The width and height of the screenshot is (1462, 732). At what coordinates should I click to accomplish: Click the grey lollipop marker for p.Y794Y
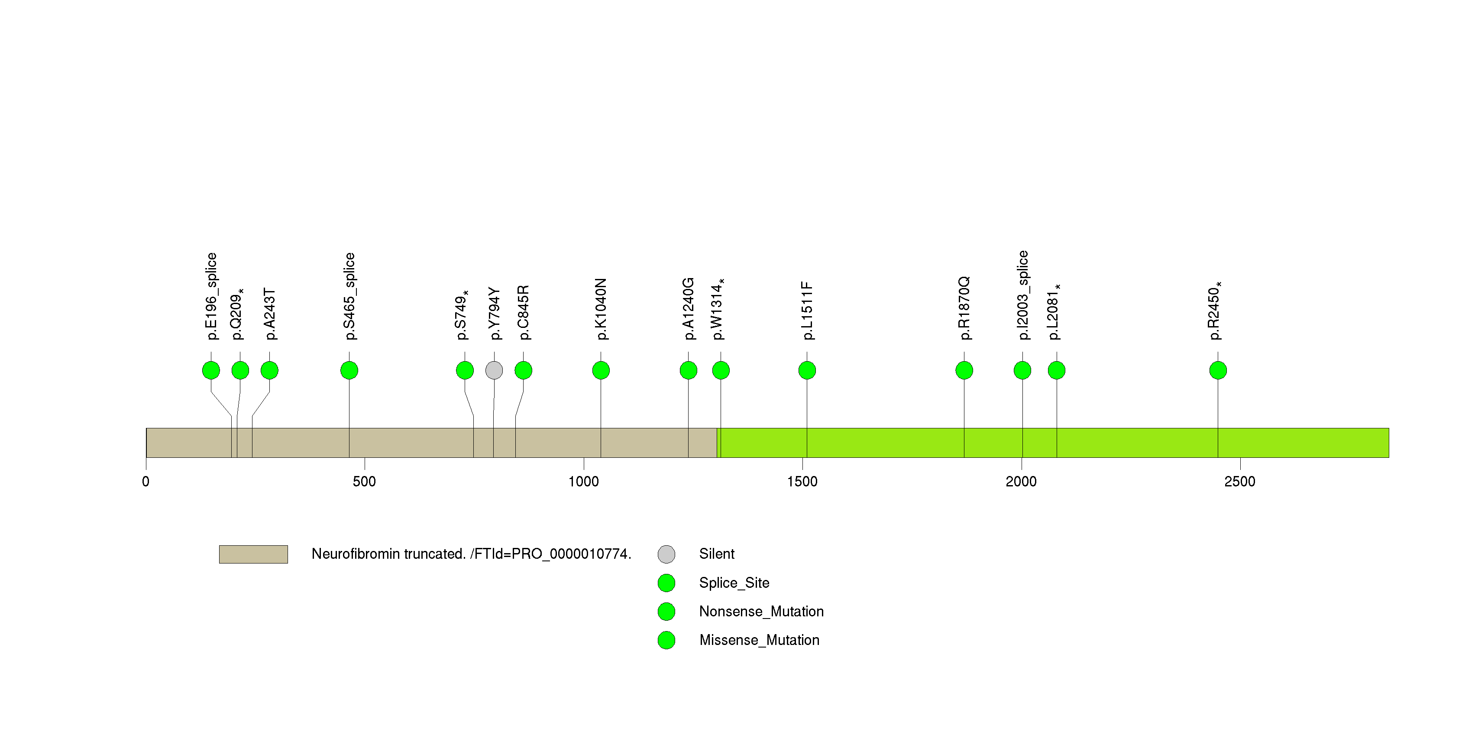(494, 370)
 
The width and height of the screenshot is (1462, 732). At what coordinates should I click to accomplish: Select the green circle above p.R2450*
(1218, 370)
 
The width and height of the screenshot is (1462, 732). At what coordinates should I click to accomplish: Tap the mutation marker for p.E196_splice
(211, 370)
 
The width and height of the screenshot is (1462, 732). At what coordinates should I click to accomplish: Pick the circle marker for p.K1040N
(601, 370)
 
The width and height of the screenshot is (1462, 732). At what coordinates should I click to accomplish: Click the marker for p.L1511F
(807, 370)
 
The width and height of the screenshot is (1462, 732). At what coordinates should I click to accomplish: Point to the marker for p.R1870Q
(964, 370)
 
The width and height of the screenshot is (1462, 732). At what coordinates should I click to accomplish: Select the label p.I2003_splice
(1023, 295)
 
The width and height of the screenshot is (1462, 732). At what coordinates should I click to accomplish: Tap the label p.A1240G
(689, 309)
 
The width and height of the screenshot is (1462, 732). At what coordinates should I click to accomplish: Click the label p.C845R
(523, 313)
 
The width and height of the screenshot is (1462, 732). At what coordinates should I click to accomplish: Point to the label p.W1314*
(718, 309)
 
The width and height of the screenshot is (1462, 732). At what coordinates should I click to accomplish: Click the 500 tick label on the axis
(364, 482)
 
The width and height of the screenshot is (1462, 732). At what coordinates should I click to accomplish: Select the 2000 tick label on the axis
(1021, 482)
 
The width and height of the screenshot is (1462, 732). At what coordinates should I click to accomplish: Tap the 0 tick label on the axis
(146, 482)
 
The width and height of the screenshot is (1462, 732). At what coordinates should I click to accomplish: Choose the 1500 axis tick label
(802, 482)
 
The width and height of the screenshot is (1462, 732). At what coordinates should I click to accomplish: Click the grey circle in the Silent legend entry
(666, 554)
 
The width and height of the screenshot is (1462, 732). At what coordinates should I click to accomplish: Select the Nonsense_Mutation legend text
(761, 612)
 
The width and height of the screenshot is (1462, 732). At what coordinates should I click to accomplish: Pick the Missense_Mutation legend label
(760, 641)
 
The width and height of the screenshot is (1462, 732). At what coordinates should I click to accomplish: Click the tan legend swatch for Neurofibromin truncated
(253, 554)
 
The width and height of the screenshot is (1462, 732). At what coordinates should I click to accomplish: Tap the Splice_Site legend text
(734, 583)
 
